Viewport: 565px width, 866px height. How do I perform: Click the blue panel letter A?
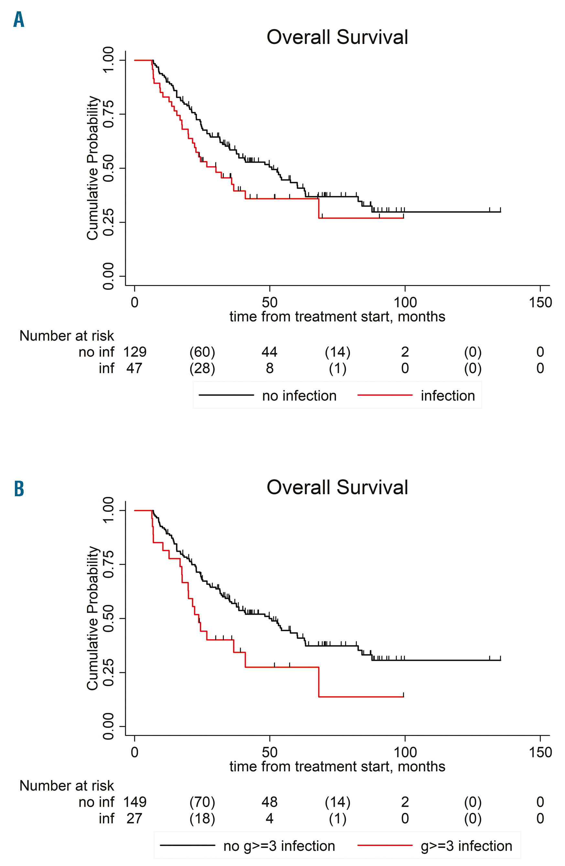click(x=18, y=20)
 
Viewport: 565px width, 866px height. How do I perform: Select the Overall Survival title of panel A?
click(x=337, y=37)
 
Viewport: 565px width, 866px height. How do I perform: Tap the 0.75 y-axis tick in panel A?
click(x=108, y=114)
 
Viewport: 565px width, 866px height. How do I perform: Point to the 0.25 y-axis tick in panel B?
click(x=108, y=673)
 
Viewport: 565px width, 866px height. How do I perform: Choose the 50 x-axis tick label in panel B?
click(x=270, y=752)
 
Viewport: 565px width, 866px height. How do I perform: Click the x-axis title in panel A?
click(x=337, y=317)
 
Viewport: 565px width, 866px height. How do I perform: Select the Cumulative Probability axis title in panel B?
click(x=92, y=618)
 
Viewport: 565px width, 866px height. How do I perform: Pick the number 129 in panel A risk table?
click(x=135, y=352)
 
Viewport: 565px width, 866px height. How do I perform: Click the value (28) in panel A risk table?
click(x=202, y=368)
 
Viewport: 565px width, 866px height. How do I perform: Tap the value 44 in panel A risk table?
click(x=270, y=352)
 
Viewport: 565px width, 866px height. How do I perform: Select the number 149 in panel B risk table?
click(x=135, y=802)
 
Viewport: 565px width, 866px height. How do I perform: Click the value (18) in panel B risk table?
click(x=202, y=818)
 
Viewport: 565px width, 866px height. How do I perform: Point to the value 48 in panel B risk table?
click(x=270, y=802)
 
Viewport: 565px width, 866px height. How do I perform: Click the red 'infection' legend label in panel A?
click(x=448, y=396)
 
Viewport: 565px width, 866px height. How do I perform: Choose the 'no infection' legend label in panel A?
click(x=299, y=396)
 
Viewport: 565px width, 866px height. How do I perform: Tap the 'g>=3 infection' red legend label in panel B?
click(x=466, y=846)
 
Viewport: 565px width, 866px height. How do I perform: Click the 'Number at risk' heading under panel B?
click(x=67, y=785)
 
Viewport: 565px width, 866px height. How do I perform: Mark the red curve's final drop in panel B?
click(x=319, y=682)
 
